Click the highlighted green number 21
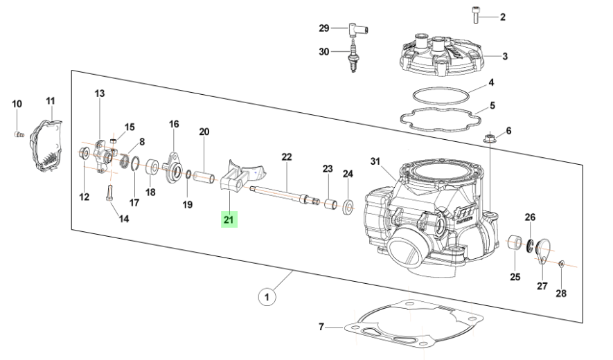coord(229,220)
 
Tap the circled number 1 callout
coord(267,298)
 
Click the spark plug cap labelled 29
coord(357,28)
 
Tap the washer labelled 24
coord(348,206)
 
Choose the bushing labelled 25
coord(515,244)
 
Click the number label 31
coord(375,161)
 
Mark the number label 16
coord(174,124)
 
